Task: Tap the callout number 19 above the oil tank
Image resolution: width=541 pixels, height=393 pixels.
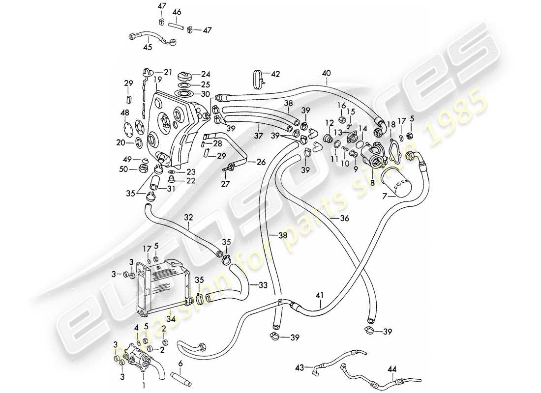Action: click(x=157, y=79)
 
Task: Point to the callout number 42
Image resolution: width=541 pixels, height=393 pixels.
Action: click(x=276, y=74)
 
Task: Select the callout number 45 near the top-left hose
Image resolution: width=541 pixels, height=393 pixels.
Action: click(x=148, y=48)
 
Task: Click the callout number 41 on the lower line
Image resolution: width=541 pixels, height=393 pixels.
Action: click(x=320, y=295)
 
